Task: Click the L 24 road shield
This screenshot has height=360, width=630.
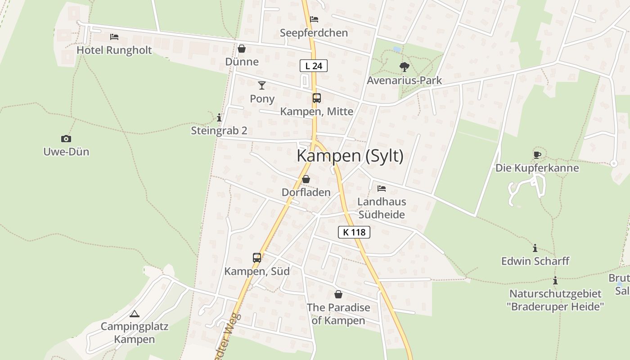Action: pos(314,66)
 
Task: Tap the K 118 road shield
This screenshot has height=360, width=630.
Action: pos(354,232)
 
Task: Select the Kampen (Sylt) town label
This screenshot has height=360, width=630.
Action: pos(350,156)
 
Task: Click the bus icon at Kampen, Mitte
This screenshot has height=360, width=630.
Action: pos(317,98)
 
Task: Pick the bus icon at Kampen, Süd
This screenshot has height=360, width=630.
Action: pos(257,258)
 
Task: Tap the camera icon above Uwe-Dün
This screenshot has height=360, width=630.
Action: pos(66,139)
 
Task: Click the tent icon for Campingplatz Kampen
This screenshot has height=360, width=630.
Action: pos(134,314)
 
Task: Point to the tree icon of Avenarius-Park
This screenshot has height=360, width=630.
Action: pos(404,67)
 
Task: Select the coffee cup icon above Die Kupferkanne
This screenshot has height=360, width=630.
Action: pos(537,155)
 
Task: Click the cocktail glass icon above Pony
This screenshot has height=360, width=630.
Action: pos(262,85)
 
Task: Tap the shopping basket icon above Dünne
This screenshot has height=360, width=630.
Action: pos(242,48)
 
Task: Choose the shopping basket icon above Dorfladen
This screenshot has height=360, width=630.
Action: pos(306,179)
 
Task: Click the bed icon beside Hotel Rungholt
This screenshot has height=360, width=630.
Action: pos(114,36)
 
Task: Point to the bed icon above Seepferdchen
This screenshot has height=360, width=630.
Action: pos(314,19)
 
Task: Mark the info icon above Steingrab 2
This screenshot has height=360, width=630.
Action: pos(219,118)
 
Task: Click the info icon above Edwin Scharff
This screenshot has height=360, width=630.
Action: pos(535,248)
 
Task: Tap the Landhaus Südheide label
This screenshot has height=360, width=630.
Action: pos(382,208)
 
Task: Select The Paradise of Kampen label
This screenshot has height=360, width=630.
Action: pos(338,314)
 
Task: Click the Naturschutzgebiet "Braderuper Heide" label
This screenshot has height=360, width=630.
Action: pos(555,300)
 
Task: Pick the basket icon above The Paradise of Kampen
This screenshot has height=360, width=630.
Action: pos(338,294)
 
